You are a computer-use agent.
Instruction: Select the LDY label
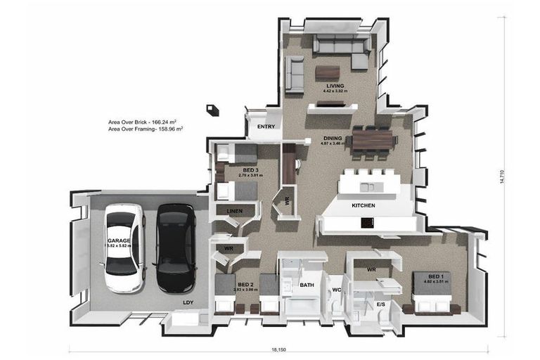188,303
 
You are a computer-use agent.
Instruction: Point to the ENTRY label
266,127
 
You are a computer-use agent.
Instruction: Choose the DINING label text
333,138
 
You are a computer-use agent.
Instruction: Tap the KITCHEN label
363,205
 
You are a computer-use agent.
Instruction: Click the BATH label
307,285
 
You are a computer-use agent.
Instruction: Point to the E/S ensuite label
381,304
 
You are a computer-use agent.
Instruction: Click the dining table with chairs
373,139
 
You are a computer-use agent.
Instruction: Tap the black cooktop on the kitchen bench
368,222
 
